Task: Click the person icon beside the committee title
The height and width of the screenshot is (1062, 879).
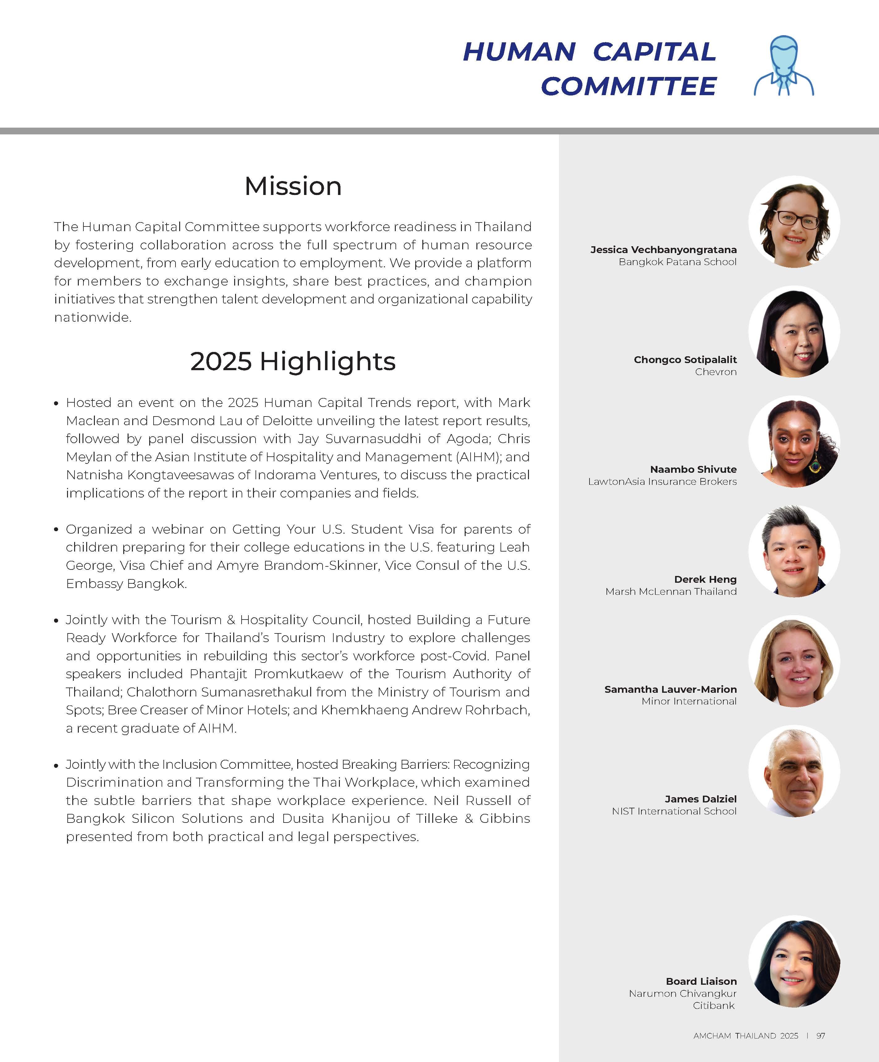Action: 784,66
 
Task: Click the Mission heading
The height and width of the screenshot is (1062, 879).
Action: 293,186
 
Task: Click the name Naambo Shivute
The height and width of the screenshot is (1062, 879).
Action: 693,469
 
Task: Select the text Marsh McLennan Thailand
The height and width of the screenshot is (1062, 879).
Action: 671,591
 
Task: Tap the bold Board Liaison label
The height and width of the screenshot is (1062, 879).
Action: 701,981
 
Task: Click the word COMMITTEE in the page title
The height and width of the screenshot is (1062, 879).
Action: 629,86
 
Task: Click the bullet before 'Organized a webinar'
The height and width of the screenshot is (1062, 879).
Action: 56,530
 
